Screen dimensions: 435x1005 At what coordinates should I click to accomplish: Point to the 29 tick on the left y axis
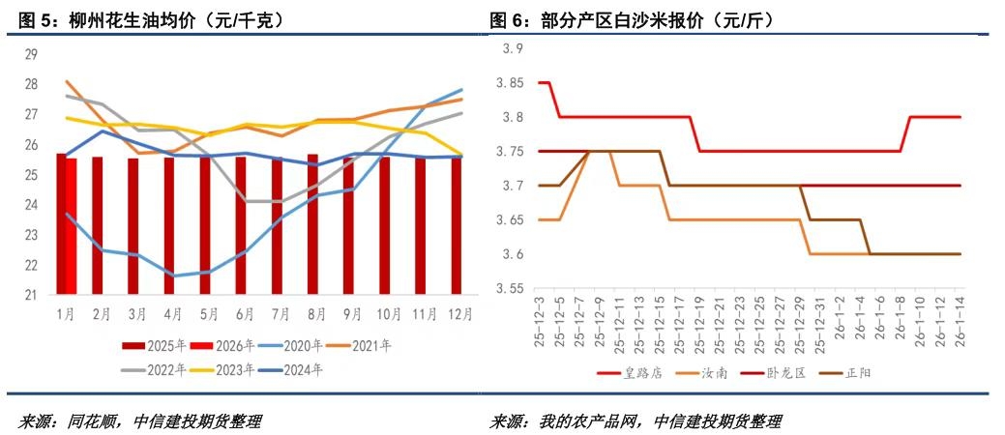pyautogui.click(x=32, y=54)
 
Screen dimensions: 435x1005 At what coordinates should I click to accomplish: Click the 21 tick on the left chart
pyautogui.click(x=32, y=295)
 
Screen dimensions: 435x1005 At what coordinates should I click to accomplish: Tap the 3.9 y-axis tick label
pyautogui.click(x=512, y=49)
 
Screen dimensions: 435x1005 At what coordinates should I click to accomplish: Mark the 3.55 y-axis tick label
pyautogui.click(x=509, y=288)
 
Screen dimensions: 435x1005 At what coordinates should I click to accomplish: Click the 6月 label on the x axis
pyautogui.click(x=245, y=314)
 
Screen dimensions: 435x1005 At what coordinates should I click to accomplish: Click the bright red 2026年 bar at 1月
pyautogui.click(x=71, y=226)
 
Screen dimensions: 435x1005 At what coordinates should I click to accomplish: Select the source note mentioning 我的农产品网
pyautogui.click(x=635, y=421)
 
